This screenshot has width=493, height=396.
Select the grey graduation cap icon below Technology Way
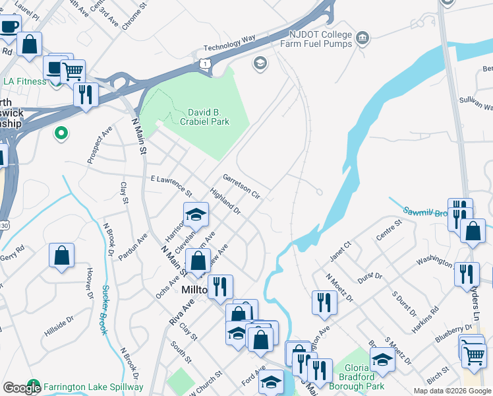[260, 63]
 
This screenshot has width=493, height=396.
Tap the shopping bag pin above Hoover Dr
[61, 255]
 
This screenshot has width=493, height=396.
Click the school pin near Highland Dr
[196, 214]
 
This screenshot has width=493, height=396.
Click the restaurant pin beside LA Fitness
[86, 94]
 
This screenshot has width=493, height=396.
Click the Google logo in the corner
[22, 388]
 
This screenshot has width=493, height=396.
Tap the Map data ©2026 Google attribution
[451, 391]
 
